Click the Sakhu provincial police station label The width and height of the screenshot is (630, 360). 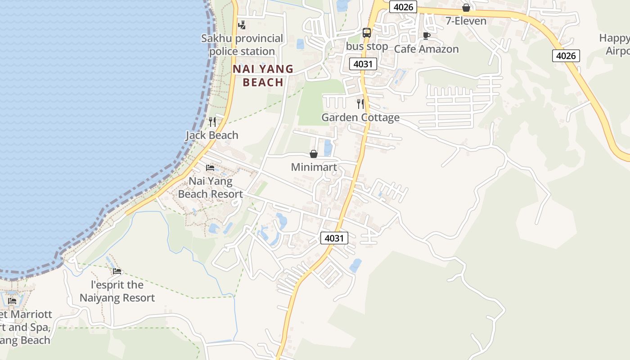[242, 45]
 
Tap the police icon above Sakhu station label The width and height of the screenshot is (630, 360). [242, 25]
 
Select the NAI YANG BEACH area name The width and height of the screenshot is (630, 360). [263, 76]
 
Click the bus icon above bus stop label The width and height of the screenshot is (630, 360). [367, 33]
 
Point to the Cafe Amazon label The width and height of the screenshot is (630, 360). [426, 49]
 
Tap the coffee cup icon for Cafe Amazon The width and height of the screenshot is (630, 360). [426, 36]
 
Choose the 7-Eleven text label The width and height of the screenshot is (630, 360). [466, 21]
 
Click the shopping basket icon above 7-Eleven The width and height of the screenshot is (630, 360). [466, 8]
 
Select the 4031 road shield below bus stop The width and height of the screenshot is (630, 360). [363, 64]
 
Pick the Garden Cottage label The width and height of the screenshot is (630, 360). [360, 117]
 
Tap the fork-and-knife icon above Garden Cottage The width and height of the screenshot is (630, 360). [360, 104]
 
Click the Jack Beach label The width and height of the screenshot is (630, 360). [212, 135]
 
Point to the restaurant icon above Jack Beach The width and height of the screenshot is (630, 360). [212, 121]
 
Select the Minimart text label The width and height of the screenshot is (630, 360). [314, 167]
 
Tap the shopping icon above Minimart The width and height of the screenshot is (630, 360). [314, 154]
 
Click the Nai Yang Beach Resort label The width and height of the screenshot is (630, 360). [211, 188]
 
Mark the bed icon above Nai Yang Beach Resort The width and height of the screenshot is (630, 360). [210, 168]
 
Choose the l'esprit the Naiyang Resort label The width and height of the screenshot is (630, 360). [117, 291]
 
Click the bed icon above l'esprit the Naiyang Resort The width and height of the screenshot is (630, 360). [117, 271]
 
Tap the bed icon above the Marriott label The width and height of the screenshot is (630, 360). [12, 301]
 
